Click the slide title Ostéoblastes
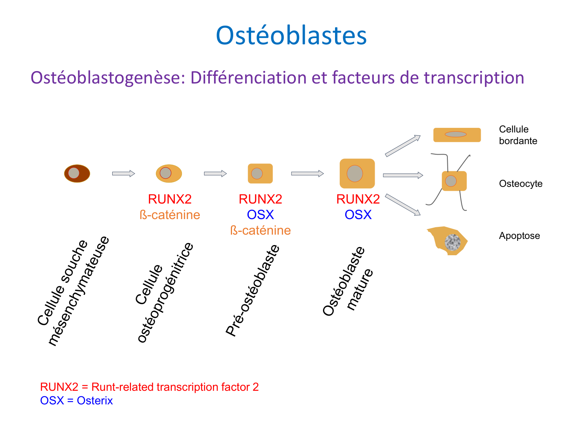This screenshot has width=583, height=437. [x=291, y=35]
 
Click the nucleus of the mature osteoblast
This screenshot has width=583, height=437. [x=354, y=174]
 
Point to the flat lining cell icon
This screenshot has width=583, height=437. [x=457, y=135]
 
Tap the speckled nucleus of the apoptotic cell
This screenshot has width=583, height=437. [x=452, y=242]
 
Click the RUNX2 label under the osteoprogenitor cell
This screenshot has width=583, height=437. [x=170, y=199]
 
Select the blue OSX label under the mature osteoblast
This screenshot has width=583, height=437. [x=358, y=215]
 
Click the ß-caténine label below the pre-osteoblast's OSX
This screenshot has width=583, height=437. [x=260, y=230]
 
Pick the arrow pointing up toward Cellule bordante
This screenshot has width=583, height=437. [x=403, y=146]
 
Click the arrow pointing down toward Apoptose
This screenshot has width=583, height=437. [x=403, y=205]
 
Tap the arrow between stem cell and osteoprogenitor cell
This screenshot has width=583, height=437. [x=123, y=174]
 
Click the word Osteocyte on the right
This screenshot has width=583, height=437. [x=520, y=184]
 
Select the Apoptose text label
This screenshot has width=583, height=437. [x=519, y=236]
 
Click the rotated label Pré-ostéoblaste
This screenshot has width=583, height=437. [x=253, y=290]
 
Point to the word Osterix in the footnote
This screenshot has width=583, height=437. [x=95, y=400]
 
